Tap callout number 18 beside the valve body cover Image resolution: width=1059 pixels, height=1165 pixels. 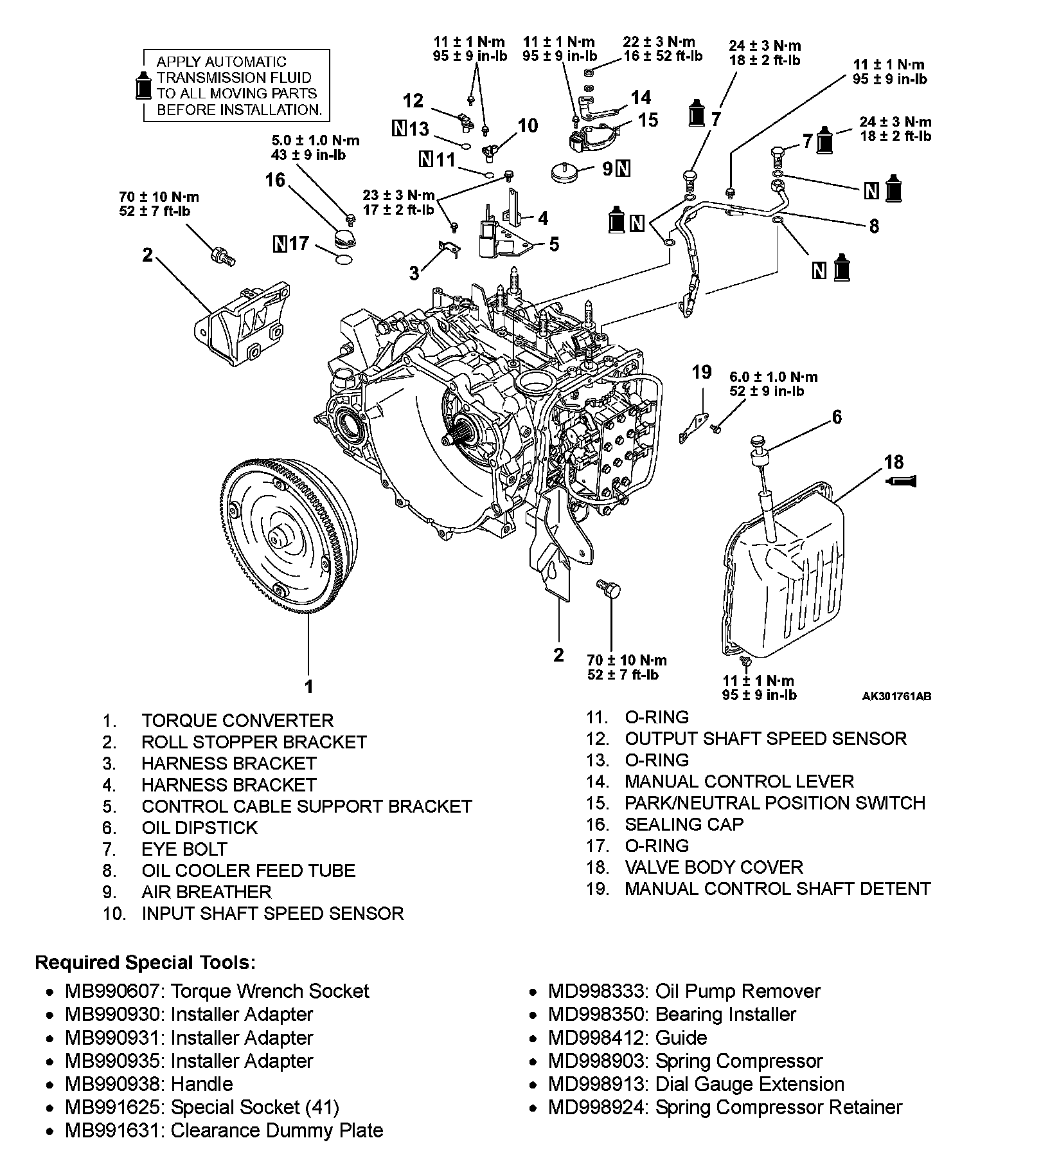pos(893,462)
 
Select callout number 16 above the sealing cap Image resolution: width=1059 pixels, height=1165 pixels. pos(275,180)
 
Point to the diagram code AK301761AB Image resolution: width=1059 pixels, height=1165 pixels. pos(896,696)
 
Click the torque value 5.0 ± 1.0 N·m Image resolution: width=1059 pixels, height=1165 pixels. pos(316,140)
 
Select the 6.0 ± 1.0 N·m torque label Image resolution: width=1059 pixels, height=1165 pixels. pos(774,377)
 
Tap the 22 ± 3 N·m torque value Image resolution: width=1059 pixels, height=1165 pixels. pos(659,42)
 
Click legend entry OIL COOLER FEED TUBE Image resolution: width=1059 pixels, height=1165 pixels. pos(248,871)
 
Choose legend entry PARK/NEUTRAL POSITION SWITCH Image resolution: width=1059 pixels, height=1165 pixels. pos(774,803)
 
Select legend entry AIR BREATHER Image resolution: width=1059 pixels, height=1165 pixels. pos(206,892)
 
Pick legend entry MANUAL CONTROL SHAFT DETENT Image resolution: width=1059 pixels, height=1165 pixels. pos(778,889)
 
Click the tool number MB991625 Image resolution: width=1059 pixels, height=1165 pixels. pos(116,1107)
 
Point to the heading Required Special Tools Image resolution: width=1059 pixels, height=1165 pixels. pos(145,962)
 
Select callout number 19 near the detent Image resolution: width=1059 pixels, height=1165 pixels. pos(702,372)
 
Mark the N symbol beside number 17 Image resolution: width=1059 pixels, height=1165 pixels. pos(280,244)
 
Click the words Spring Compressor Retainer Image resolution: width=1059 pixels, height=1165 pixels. pos(779,1107)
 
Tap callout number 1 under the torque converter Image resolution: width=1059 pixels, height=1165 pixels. pos(309,686)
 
